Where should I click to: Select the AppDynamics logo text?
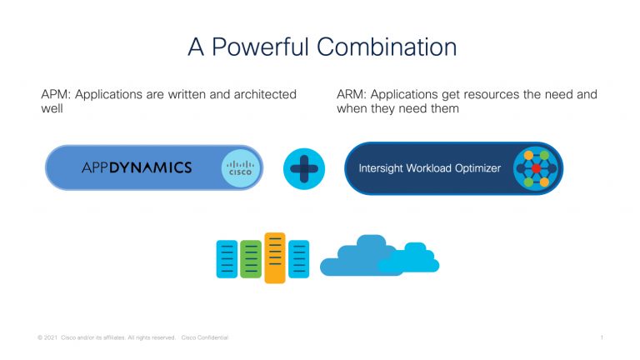point(137,168)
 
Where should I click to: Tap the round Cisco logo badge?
point(241,168)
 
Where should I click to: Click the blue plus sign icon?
point(304,168)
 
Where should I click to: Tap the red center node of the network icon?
point(536,168)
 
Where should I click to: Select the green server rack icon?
point(250,258)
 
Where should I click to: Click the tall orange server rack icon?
point(274,257)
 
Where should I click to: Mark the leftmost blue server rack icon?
point(227,258)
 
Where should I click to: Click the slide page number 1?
point(601,337)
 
